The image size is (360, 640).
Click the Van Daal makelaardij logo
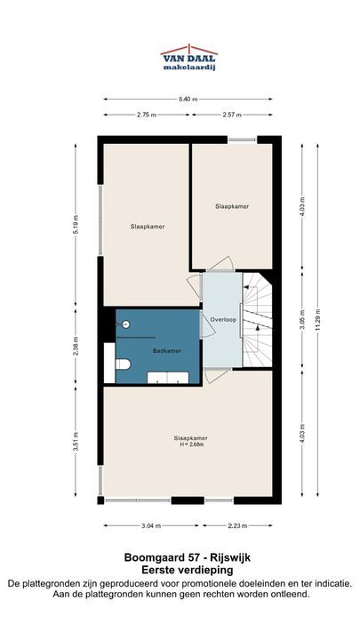(188, 58)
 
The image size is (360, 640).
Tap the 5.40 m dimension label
(188, 100)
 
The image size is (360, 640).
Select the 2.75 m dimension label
(147, 115)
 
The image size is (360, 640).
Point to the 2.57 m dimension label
(232, 115)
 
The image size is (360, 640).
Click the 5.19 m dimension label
(76, 224)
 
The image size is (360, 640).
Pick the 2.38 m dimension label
(76, 346)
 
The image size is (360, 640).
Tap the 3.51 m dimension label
(76, 441)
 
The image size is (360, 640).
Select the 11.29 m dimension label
(317, 320)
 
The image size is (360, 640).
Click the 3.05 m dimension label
(302, 320)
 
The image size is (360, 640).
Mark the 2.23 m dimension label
(237, 525)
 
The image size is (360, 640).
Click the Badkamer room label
(167, 350)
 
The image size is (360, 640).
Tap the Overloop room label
(223, 320)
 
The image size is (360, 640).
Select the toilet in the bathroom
(123, 364)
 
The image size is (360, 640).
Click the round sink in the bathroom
(126, 324)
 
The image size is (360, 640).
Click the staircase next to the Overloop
(257, 320)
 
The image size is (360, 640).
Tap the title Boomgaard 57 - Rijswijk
(188, 557)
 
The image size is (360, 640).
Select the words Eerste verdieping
(188, 570)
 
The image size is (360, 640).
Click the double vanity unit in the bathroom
(168, 378)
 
